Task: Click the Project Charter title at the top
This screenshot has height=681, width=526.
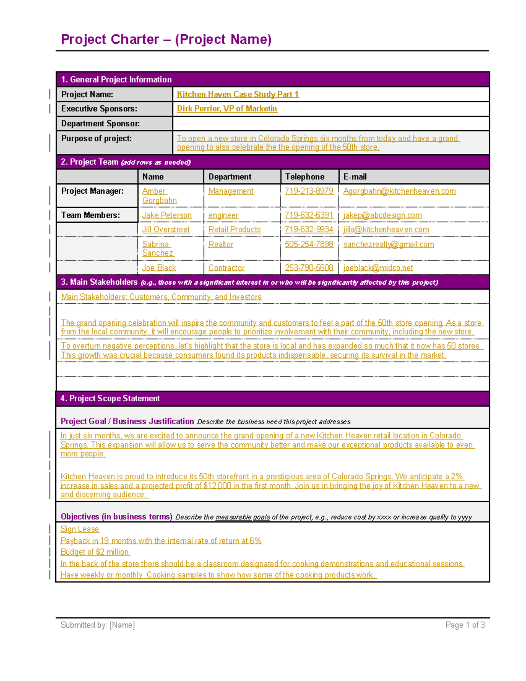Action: [x=166, y=39]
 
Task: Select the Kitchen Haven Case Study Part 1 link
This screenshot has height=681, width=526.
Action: [x=238, y=94]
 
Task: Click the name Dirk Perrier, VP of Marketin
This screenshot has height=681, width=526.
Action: [x=227, y=109]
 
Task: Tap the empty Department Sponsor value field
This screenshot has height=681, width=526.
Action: [x=331, y=124]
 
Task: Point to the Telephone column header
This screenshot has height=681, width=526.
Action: [x=305, y=177]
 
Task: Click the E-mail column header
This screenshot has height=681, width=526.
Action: [x=355, y=177]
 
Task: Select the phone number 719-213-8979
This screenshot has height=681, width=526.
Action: [x=309, y=191]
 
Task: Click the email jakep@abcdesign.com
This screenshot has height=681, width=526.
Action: [x=382, y=215]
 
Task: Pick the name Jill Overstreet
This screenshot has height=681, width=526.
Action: [x=166, y=229]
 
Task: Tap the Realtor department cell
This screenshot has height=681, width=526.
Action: [x=221, y=244]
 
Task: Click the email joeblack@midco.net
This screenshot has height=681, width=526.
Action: [x=378, y=268]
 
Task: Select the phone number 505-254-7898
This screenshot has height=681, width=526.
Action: [x=309, y=244]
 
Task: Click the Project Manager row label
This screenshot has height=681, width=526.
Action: [x=92, y=191]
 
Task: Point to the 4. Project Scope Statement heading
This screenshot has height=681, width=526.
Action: [x=110, y=399]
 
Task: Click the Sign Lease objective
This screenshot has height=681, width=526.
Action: [x=80, y=529]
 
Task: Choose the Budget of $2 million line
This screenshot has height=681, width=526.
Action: [x=95, y=552]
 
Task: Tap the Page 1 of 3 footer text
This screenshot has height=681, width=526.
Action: [x=465, y=625]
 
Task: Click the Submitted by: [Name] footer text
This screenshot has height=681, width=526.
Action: [x=97, y=625]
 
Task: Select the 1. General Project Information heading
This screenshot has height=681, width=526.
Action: [x=116, y=80]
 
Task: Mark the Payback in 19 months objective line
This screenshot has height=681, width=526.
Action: [x=161, y=541]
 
